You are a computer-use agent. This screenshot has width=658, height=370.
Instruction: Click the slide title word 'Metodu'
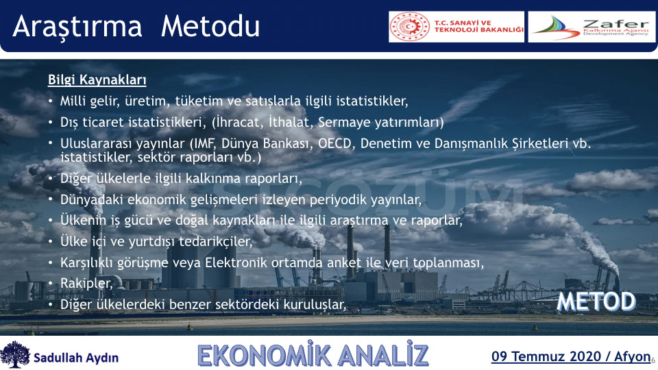[210, 27]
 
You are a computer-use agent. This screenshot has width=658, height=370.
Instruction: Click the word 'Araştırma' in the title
[77, 27]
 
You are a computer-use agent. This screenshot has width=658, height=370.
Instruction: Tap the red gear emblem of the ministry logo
[410, 27]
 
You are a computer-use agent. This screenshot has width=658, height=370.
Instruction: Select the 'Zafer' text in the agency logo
[616, 23]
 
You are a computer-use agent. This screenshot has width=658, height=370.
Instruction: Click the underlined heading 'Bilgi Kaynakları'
[97, 79]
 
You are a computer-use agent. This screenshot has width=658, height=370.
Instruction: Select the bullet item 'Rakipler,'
[86, 283]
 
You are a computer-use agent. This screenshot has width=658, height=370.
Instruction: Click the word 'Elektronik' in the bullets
[236, 262]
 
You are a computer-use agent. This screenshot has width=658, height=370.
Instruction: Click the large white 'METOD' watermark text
[596, 301]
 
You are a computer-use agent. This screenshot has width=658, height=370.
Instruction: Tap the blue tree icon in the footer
[16, 354]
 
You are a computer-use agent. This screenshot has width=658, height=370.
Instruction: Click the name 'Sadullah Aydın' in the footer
[76, 358]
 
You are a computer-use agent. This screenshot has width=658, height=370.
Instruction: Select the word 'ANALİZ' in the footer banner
[382, 356]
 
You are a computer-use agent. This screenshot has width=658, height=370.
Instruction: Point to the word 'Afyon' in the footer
[633, 356]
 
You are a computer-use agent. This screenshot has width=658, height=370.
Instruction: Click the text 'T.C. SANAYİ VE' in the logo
[463, 23]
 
